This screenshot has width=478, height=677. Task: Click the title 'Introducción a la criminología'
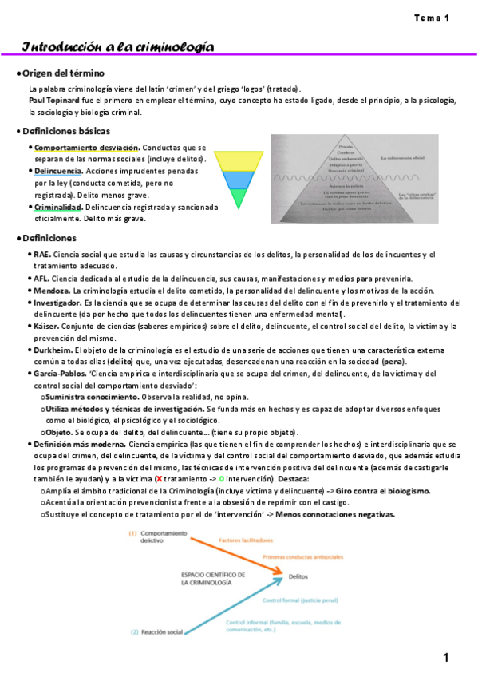117,46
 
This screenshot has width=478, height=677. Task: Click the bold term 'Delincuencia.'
58,171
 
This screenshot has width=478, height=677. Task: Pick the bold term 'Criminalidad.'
58,207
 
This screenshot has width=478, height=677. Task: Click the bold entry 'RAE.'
41,255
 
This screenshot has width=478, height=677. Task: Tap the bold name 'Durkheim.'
53,350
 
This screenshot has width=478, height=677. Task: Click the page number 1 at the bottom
448,658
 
